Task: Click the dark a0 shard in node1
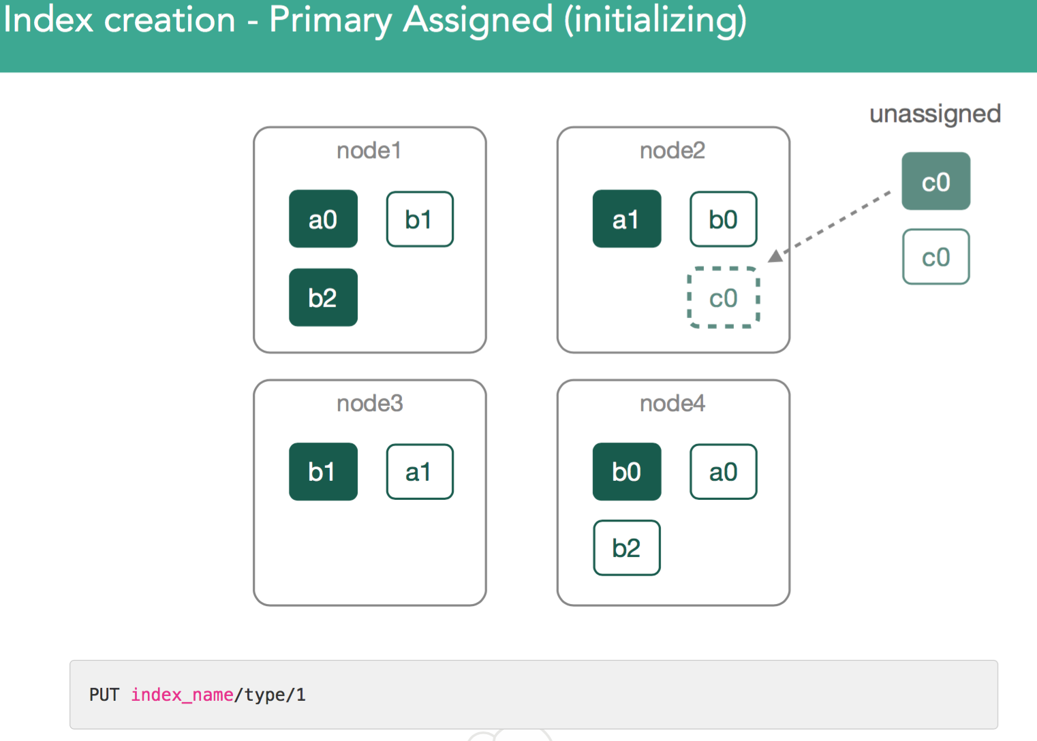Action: (323, 219)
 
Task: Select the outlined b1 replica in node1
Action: (420, 219)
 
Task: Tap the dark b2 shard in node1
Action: (323, 297)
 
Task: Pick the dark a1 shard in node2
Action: (627, 219)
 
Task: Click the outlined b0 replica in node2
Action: (724, 219)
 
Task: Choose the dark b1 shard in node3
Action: (323, 471)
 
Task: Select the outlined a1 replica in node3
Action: (420, 471)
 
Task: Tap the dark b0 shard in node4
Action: (627, 471)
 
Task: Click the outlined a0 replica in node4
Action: (724, 471)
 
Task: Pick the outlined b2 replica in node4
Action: (627, 548)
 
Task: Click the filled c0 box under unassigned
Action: (935, 181)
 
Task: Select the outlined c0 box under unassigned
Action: (935, 256)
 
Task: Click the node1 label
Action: (369, 151)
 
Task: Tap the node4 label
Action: (672, 403)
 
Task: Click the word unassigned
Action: (935, 114)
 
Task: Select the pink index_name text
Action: (183, 695)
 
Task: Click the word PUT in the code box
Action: (104, 695)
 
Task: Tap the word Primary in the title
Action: (330, 21)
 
